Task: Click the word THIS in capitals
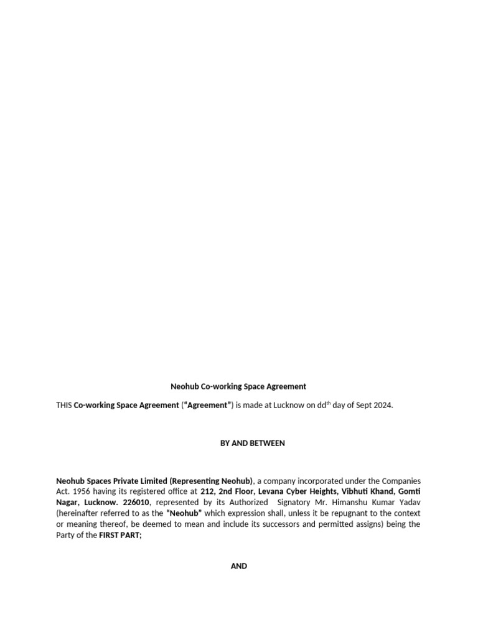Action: (63, 405)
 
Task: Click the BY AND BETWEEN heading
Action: (252, 443)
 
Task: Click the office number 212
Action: (207, 492)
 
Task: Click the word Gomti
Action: (409, 492)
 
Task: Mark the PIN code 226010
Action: (136, 503)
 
